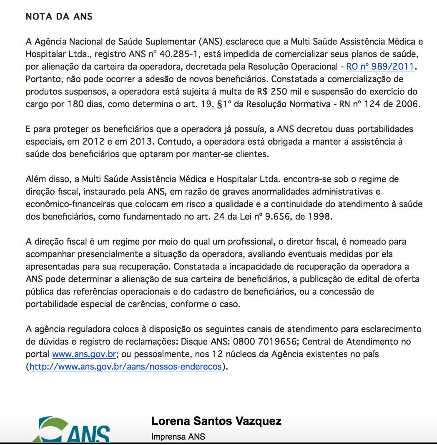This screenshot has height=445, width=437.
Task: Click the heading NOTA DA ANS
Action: [x=59, y=17]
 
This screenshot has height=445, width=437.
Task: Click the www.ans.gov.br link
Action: [x=84, y=355]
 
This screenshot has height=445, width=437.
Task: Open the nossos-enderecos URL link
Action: [x=126, y=367]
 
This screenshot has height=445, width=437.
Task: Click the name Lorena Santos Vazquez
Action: [x=216, y=421]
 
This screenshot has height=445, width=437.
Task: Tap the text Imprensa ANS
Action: [x=178, y=437]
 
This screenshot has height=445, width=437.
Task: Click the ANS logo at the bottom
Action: [x=71, y=431]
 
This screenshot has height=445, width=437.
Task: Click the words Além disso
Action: [x=47, y=179]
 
